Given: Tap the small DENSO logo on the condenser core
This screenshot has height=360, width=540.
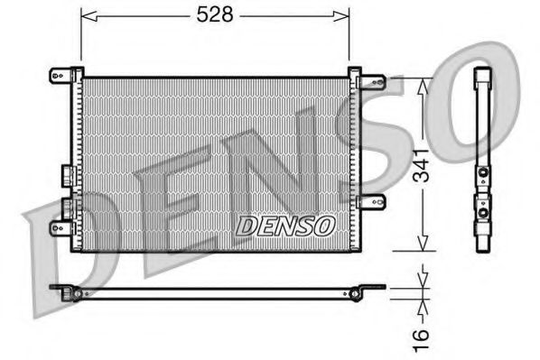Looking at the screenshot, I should coord(285,225).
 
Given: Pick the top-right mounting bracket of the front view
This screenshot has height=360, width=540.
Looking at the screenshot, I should coord(370,81).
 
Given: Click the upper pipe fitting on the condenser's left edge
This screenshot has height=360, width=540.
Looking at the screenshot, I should coord(66,174).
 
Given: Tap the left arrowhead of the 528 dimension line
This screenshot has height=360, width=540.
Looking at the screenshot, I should coord(86,14).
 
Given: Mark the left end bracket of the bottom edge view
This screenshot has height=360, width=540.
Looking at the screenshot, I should coord(65,291).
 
